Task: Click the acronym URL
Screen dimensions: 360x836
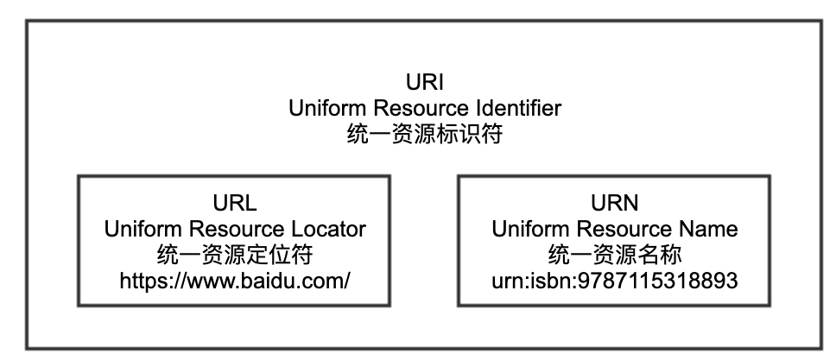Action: (x=234, y=204)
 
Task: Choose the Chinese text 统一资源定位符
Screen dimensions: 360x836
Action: (x=234, y=255)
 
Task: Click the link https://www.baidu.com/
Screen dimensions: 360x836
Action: (x=234, y=281)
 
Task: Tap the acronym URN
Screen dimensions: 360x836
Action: (x=614, y=204)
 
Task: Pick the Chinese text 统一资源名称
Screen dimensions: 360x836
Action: (x=614, y=255)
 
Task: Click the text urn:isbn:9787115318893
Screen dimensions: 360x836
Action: (x=614, y=281)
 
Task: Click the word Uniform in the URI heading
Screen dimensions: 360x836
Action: (x=322, y=109)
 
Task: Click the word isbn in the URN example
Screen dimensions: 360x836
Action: (x=551, y=281)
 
